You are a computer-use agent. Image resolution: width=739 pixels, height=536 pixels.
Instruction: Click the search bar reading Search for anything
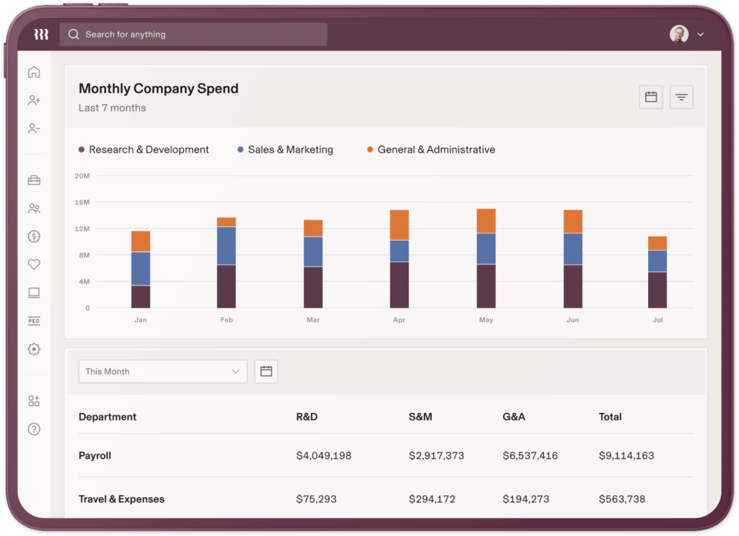tap(193, 34)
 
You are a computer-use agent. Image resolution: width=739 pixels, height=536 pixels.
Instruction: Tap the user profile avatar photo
tap(678, 34)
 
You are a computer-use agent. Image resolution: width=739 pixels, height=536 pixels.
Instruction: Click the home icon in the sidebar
tap(34, 72)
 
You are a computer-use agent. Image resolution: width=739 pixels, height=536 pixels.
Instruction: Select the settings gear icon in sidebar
tap(34, 349)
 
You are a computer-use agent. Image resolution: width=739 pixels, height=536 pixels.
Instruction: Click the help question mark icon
tap(34, 429)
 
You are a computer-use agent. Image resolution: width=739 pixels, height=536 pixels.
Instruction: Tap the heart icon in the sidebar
tap(34, 264)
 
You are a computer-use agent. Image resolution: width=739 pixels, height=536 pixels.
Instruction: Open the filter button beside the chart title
tap(681, 97)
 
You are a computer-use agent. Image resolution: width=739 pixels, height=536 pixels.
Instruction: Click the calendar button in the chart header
tap(651, 97)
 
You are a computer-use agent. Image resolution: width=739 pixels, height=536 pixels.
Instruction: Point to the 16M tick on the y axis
tap(82, 202)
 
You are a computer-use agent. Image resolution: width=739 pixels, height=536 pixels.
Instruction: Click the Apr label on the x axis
tap(399, 319)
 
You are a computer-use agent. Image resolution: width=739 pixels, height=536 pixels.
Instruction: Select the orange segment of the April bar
tap(399, 225)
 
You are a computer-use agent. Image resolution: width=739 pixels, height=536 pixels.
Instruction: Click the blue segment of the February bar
tap(227, 246)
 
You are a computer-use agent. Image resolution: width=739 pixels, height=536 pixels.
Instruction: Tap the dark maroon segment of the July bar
tap(657, 290)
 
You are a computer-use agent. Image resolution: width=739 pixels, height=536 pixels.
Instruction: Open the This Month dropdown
tap(162, 371)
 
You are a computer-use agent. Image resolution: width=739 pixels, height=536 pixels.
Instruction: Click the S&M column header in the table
tap(419, 417)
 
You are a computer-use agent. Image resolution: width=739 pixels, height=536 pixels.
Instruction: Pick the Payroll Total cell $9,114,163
tap(626, 456)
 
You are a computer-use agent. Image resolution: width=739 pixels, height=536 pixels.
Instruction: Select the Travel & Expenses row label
tap(121, 499)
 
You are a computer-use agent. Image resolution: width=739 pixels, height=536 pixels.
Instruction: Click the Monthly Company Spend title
tap(158, 89)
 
